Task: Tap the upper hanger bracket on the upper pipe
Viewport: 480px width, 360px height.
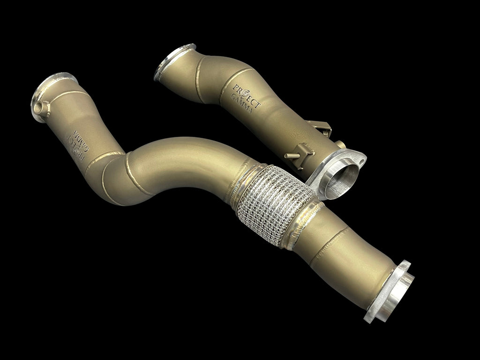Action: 322,129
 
